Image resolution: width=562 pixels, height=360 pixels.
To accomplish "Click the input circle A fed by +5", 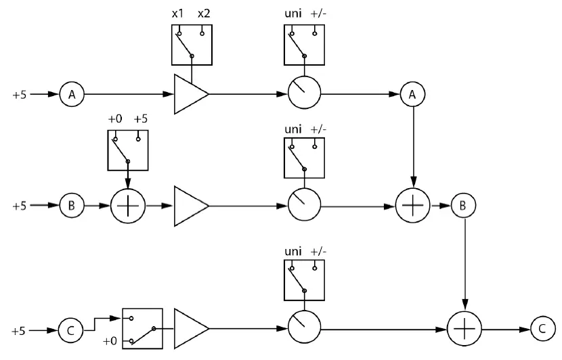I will pyautogui.click(x=72, y=94).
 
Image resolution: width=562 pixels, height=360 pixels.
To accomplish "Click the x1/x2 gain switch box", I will pyautogui.click(x=193, y=45).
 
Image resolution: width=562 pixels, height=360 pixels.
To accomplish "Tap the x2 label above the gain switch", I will pyautogui.click(x=204, y=14).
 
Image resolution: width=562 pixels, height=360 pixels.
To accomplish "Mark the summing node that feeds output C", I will pyautogui.click(x=464, y=330).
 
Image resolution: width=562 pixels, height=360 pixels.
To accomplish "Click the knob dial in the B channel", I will pyautogui.click(x=304, y=204).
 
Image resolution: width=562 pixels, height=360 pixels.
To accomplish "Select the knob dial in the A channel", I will pyautogui.click(x=304, y=94).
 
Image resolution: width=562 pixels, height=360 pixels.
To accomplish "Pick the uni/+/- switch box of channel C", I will pyautogui.click(x=305, y=278).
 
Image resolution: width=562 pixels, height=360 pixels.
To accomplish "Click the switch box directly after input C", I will pyautogui.click(x=143, y=328).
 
